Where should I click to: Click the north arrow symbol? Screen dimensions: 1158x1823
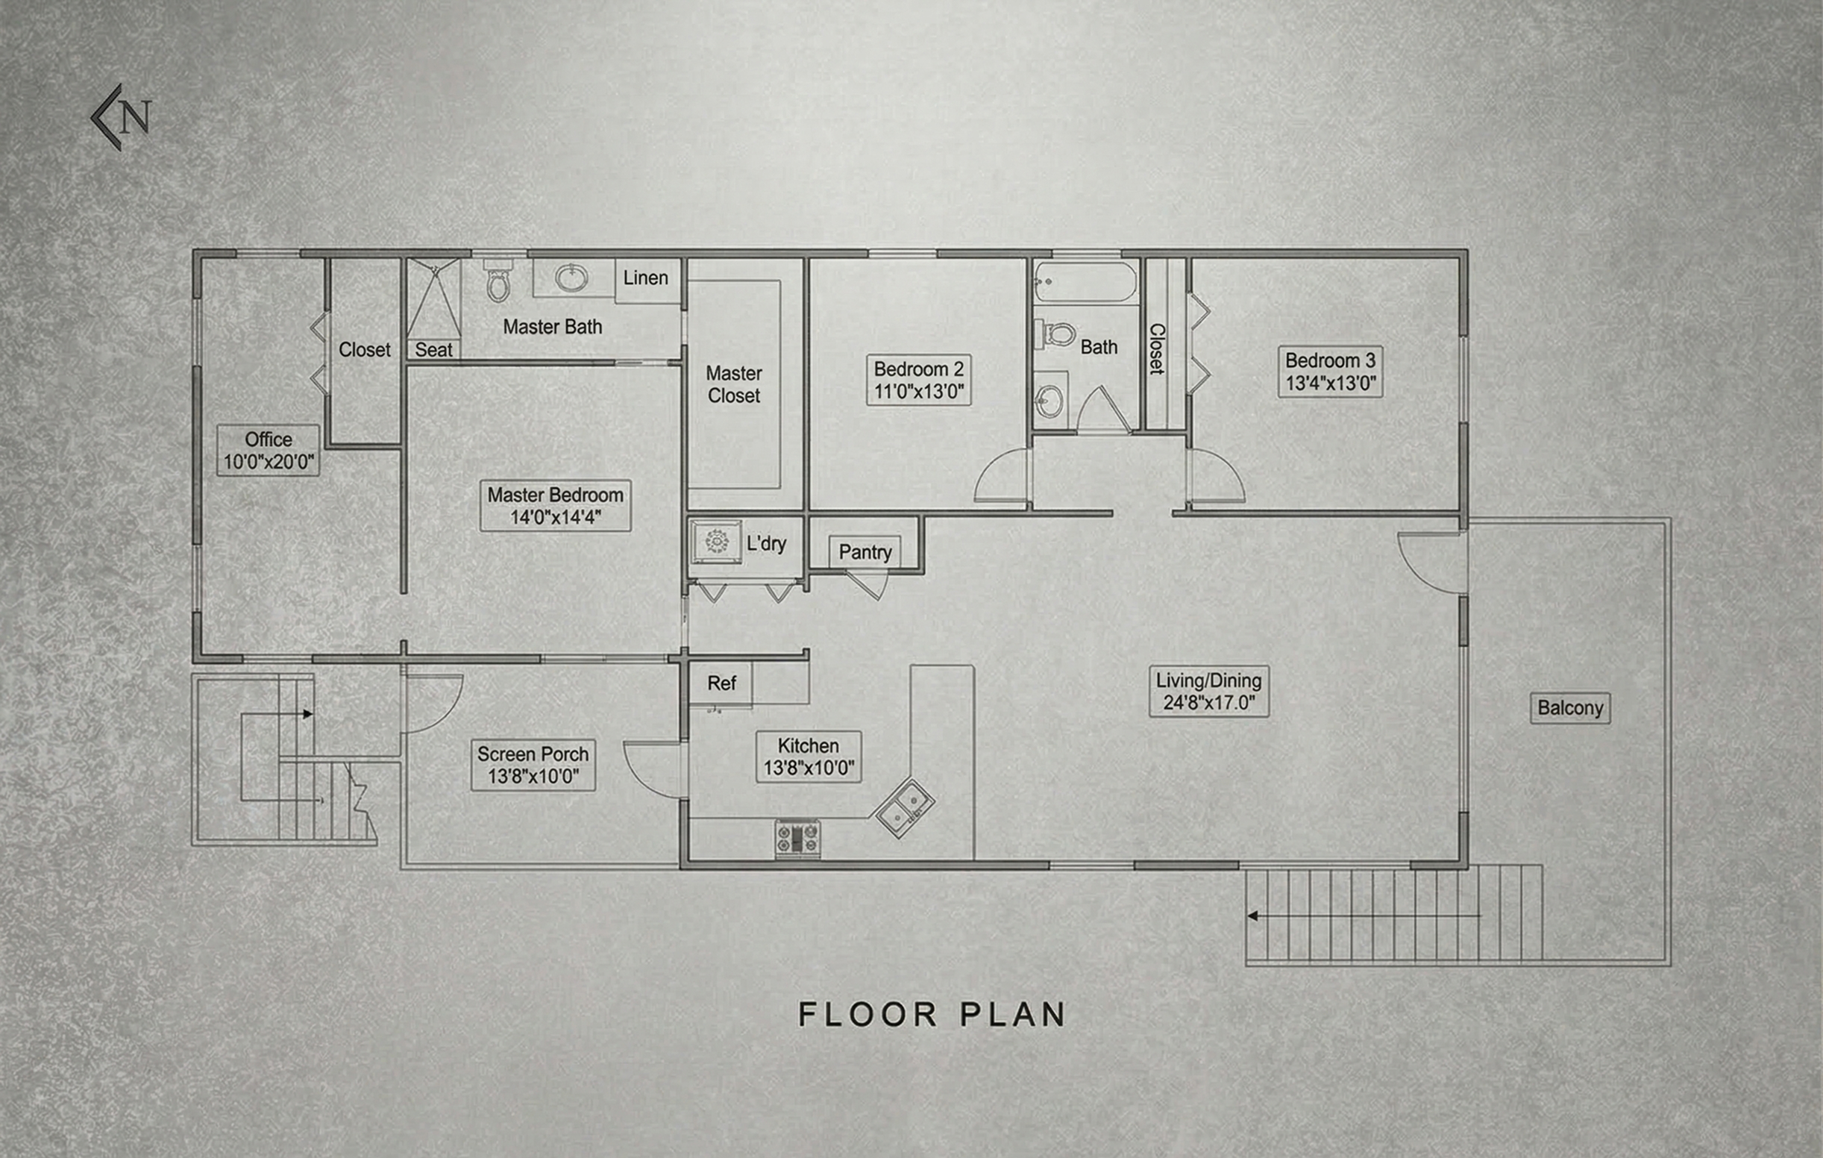point(121,117)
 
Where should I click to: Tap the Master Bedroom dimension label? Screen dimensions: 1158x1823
point(555,505)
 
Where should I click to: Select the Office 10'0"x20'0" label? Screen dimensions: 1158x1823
point(268,450)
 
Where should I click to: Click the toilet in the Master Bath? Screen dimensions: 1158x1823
point(498,284)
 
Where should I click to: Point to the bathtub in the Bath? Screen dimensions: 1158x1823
point(1085,283)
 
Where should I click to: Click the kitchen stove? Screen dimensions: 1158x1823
point(797,839)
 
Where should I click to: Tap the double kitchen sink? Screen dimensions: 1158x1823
point(905,808)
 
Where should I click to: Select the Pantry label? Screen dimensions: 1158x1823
point(865,552)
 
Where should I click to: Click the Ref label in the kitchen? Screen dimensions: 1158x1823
point(721,683)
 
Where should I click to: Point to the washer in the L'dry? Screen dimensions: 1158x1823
point(715,541)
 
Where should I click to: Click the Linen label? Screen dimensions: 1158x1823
point(645,278)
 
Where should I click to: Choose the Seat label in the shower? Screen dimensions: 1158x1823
point(433,350)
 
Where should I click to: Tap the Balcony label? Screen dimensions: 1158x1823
point(1570,708)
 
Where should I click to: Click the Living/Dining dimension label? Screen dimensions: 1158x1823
point(1208,691)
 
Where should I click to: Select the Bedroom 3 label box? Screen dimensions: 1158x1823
point(1330,371)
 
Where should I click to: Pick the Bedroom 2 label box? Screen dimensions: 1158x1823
point(918,381)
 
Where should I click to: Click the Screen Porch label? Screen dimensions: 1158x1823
point(533,765)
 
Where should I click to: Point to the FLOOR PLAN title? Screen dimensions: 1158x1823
point(932,1015)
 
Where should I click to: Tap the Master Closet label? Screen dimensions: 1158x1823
point(733,384)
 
